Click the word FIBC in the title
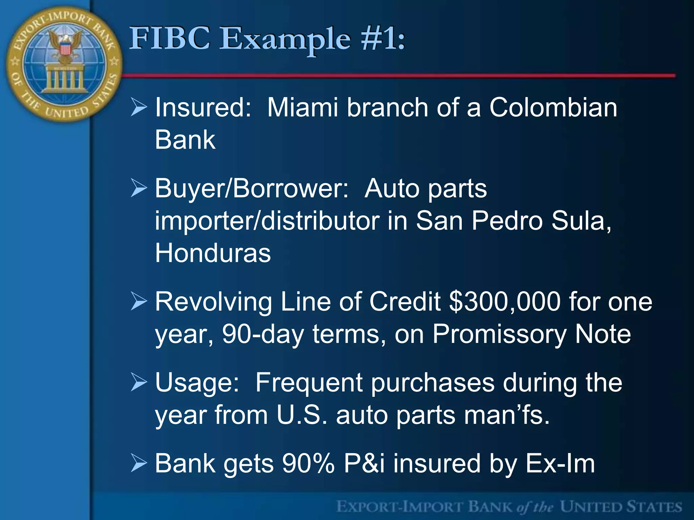coord(169,39)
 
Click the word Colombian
coord(553,108)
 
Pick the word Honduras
coord(213,253)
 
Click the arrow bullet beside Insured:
coord(139,108)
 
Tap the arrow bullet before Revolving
coord(139,302)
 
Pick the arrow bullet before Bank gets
coord(139,463)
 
